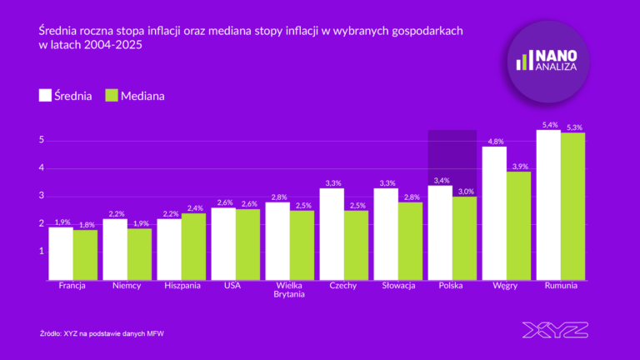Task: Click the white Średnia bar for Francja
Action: (x=61, y=253)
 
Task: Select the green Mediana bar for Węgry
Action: (x=519, y=225)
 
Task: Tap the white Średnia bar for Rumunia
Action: (x=548, y=205)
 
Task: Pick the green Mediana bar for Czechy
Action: (x=357, y=245)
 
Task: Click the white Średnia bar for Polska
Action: (x=440, y=232)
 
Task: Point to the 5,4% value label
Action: (x=549, y=125)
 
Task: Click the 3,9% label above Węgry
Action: (x=519, y=167)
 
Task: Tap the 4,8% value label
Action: (x=495, y=142)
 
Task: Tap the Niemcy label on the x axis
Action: (x=127, y=286)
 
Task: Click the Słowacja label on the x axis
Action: (x=397, y=286)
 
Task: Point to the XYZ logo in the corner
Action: (x=554, y=330)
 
